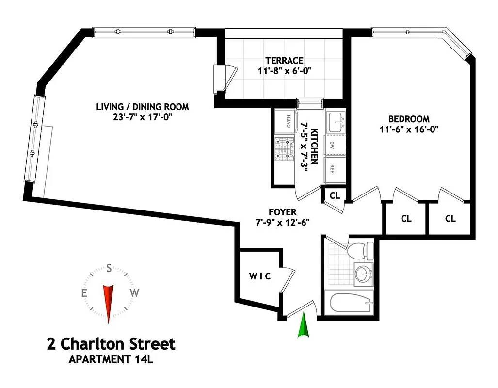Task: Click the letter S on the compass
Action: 109,268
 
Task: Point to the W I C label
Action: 260,276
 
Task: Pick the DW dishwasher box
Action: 333,145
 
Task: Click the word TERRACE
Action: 284,61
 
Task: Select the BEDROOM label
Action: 409,119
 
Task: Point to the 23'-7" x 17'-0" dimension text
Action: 142,117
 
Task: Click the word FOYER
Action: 282,212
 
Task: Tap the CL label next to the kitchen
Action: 335,195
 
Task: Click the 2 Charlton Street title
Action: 111,344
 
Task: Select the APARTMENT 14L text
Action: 112,360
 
